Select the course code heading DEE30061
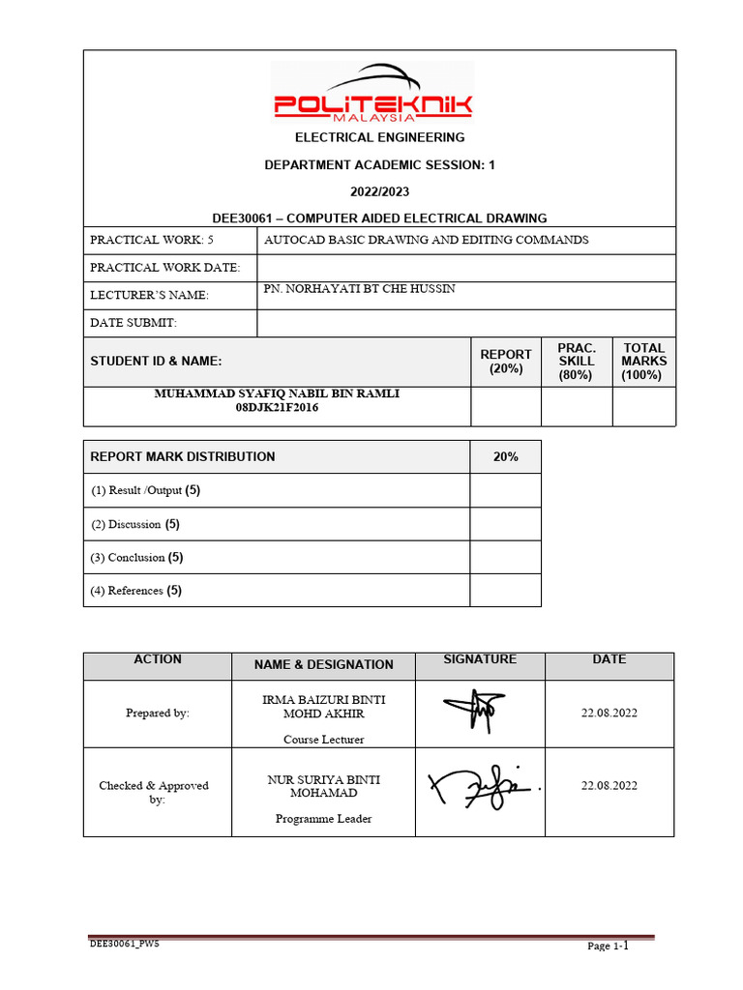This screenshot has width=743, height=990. pyautogui.click(x=379, y=218)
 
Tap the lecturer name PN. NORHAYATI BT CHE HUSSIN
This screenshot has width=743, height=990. pyautogui.click(x=359, y=289)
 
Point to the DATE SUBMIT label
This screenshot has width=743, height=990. pyautogui.click(x=134, y=323)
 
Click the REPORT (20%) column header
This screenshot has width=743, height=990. pyautogui.click(x=506, y=362)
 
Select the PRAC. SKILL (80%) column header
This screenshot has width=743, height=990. pyautogui.click(x=577, y=362)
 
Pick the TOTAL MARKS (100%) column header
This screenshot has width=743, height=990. pyautogui.click(x=644, y=362)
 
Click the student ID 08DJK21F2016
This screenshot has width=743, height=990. pyautogui.click(x=277, y=408)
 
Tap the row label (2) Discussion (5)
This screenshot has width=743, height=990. pyautogui.click(x=136, y=524)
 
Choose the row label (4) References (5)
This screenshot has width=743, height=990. pyautogui.click(x=136, y=590)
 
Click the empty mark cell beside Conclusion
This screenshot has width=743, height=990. pyautogui.click(x=505, y=557)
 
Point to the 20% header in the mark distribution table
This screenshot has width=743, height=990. pyautogui.click(x=505, y=456)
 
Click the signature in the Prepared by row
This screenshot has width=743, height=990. pyautogui.click(x=473, y=713)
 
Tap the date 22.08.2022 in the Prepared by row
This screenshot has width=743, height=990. pyautogui.click(x=609, y=713)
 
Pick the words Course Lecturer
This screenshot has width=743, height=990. pyautogui.click(x=323, y=740)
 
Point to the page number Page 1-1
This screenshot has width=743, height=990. pyautogui.click(x=609, y=946)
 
